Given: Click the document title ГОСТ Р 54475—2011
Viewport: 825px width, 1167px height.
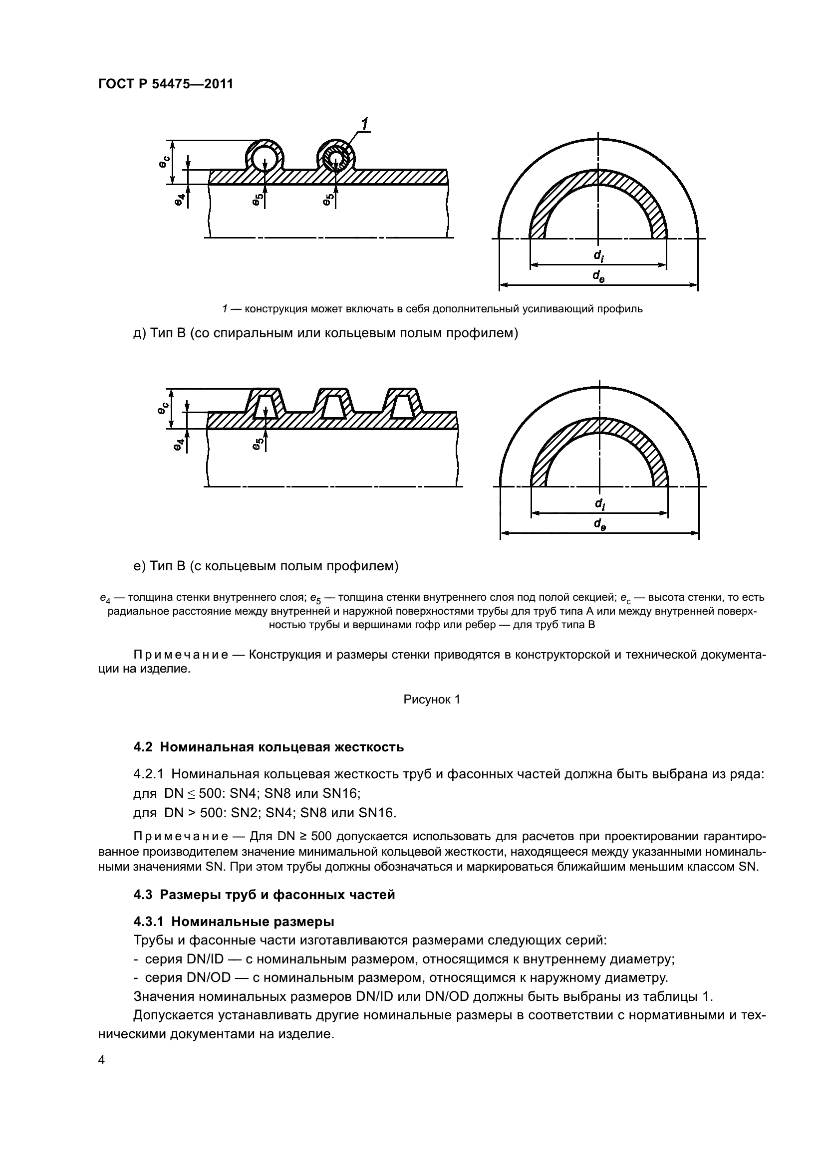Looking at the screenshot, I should coord(166,84).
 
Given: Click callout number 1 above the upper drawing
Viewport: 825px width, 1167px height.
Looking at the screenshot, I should coord(365,124).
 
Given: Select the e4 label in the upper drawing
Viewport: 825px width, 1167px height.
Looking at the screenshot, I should coord(178,200).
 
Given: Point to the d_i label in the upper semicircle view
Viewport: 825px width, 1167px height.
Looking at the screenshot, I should coord(598,255).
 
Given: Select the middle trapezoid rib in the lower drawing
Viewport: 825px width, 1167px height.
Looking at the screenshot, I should coord(333,404).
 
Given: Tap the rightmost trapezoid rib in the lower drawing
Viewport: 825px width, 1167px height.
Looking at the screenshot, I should coord(402,404).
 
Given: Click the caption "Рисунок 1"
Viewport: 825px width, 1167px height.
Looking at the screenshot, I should coord(432,700).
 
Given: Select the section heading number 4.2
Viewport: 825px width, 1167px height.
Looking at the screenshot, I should coord(143,747).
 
